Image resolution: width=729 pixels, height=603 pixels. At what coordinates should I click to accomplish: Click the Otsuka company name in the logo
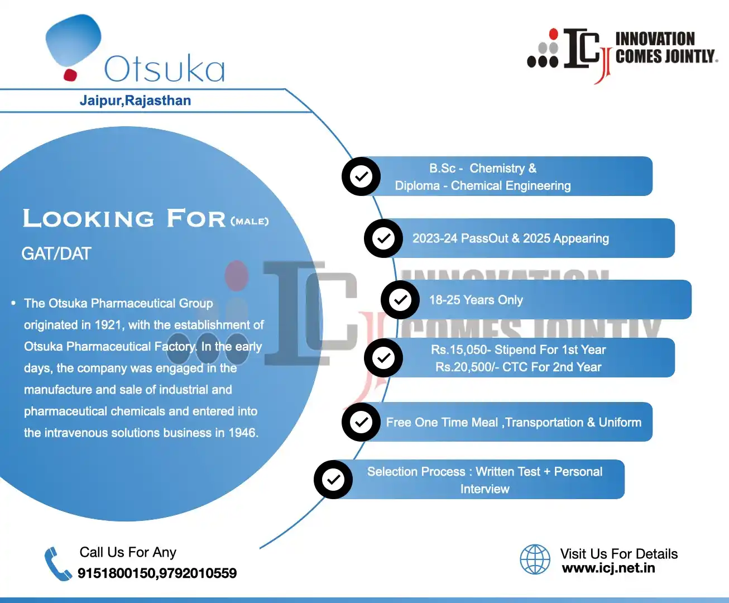coord(165,69)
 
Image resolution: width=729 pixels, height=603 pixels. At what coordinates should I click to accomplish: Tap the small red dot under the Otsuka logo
coord(70,74)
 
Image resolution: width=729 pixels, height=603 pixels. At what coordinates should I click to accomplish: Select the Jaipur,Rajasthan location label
coord(135,100)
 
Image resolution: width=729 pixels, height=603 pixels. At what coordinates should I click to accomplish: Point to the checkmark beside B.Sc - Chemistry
coord(361,176)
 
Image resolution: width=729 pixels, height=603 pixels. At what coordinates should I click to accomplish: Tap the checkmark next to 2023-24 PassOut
coord(383,238)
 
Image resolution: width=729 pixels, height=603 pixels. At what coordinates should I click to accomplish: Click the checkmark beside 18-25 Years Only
coord(400,300)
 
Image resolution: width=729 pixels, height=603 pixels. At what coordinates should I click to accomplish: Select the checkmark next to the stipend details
coord(383,358)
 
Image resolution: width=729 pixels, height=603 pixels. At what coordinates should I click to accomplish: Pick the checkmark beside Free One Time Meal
coord(361,422)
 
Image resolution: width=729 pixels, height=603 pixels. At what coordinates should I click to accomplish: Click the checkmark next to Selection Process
coord(333,479)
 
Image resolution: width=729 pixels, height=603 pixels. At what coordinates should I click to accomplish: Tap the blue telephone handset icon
coord(57,564)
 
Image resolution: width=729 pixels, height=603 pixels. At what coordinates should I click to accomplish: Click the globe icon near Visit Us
coord(535,559)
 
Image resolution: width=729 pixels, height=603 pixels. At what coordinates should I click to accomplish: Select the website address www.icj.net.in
coord(608,568)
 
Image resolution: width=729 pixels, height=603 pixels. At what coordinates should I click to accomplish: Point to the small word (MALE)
coord(250,222)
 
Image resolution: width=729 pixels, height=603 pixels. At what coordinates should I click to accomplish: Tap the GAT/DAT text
coord(56,254)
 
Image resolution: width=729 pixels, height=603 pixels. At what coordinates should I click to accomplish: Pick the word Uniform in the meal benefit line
coord(620,423)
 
